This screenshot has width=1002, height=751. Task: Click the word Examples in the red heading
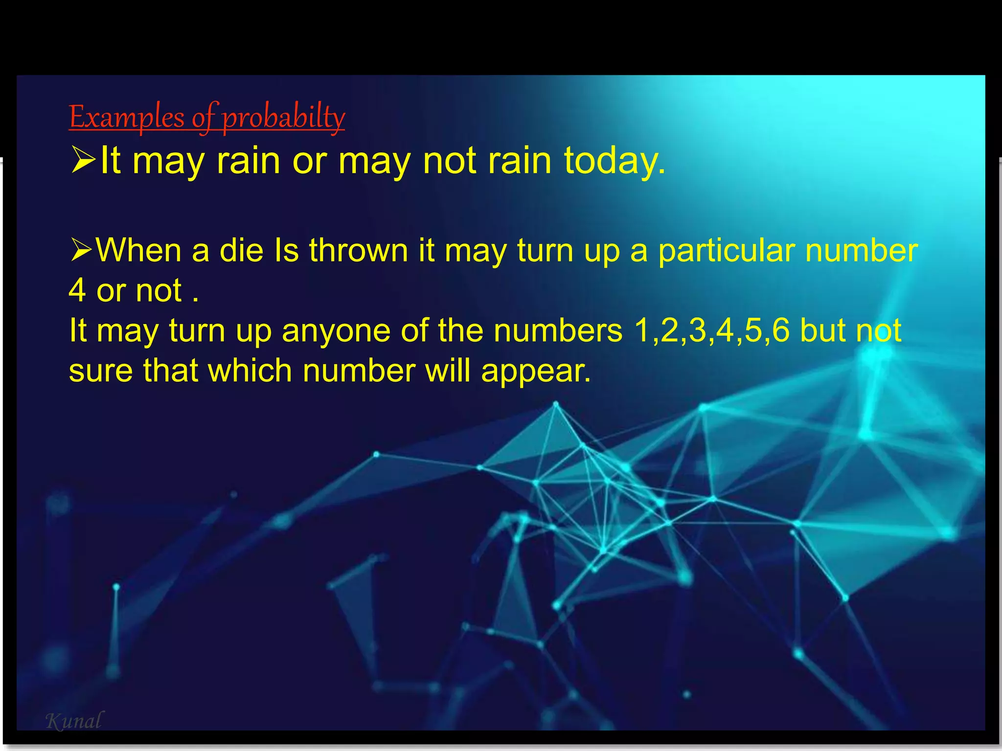coord(127,117)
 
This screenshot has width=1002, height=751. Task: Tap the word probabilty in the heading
coord(284,117)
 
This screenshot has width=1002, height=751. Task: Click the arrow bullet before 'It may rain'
coord(83,160)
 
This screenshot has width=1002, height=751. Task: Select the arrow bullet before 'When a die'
coord(81,249)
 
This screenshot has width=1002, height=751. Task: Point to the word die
coord(241,250)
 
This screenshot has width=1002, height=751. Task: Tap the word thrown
coord(358,250)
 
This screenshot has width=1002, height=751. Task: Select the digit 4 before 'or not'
coord(77,290)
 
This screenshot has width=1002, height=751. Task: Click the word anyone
coord(336,331)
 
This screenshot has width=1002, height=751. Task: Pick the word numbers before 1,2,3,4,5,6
coord(558,331)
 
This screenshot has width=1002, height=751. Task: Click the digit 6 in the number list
coord(781,331)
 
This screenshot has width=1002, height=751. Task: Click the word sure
coord(100,371)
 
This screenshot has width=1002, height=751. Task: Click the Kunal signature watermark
coord(74,721)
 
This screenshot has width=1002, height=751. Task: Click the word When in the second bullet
coord(139,250)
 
